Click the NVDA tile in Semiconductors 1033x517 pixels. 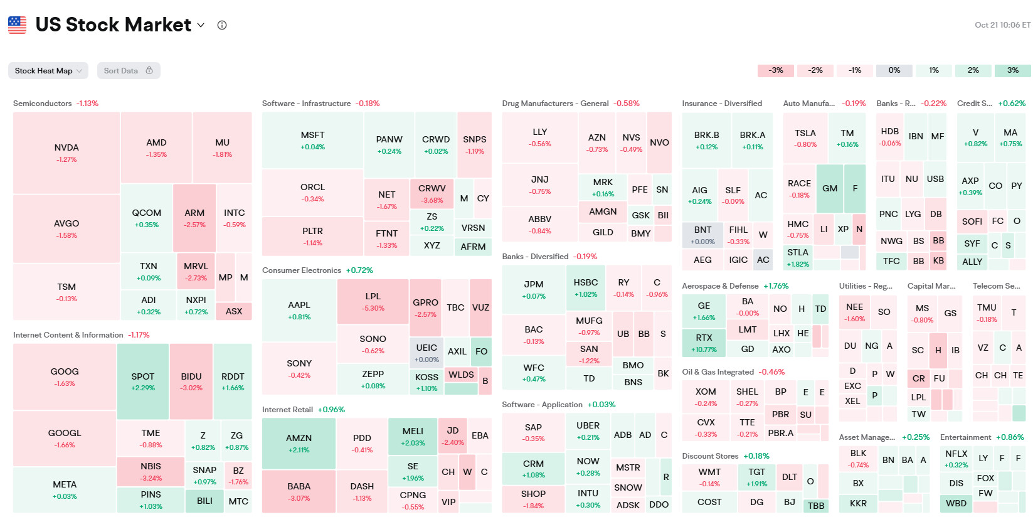tap(66, 153)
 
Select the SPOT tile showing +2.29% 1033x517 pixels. tap(142, 381)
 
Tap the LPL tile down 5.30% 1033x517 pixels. tap(373, 301)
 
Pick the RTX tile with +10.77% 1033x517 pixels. tap(704, 343)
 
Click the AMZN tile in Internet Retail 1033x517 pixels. tap(299, 443)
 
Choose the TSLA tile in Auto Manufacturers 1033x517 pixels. tap(805, 138)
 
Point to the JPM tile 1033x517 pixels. tap(534, 289)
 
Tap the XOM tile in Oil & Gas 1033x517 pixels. tap(706, 397)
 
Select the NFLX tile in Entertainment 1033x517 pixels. tap(956, 459)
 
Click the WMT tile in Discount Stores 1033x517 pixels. tap(709, 477)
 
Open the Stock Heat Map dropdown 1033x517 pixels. tap(48, 71)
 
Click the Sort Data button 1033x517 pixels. tap(129, 71)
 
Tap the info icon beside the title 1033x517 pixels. tap(222, 25)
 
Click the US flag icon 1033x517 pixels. tap(18, 25)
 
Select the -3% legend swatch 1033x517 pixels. tap(776, 70)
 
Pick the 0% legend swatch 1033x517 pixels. tap(894, 70)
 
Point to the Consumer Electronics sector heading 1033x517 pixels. tap(302, 270)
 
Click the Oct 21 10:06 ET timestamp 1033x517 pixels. tap(1002, 25)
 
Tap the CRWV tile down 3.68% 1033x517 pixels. tap(432, 194)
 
